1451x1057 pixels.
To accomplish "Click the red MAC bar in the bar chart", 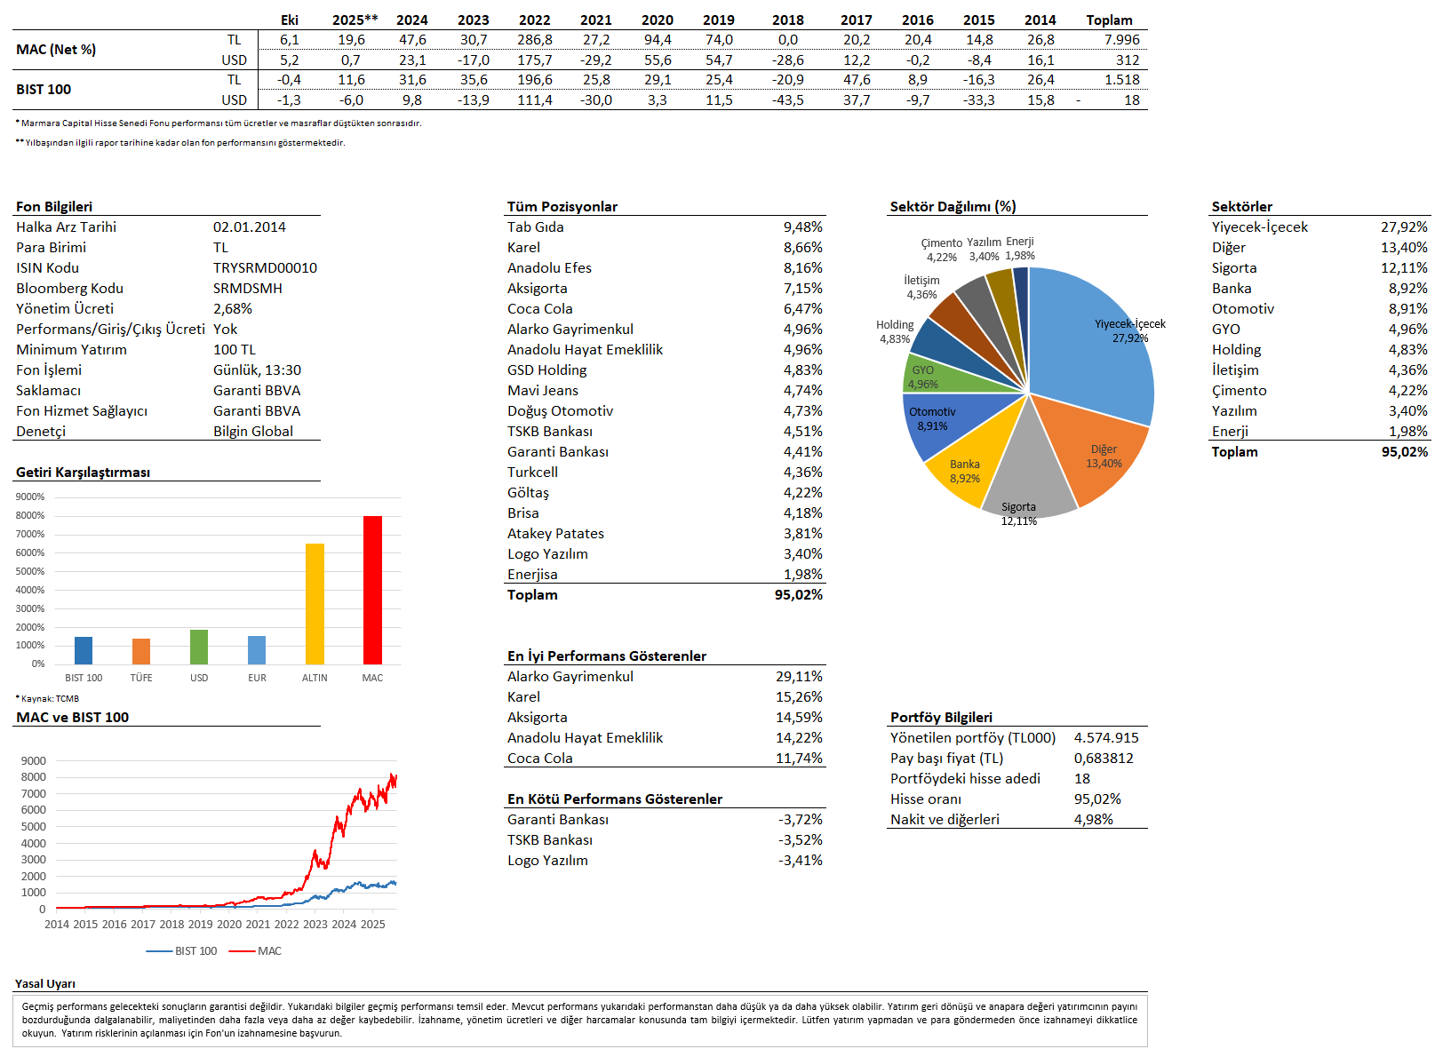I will point(372,590).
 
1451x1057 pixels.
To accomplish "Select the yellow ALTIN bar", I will point(315,604).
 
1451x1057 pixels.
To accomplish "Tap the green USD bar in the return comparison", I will point(199,647).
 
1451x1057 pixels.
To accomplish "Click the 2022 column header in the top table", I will point(534,20).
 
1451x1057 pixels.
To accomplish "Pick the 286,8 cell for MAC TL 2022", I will point(534,40).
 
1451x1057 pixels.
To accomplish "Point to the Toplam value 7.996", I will point(1121,40).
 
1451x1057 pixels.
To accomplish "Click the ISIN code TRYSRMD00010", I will point(265,268).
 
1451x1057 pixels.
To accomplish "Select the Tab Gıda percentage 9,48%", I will point(802,227).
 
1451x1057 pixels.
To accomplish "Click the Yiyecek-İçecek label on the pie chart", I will point(1129,324).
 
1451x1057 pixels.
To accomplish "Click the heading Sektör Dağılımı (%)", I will point(953,206).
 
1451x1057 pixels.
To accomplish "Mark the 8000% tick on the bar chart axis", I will point(30,515).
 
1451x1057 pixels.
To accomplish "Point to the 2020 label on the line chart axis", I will point(229,924).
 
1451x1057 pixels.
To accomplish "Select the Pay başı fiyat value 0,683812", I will point(1104,759).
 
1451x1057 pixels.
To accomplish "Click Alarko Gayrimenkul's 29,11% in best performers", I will point(799,677).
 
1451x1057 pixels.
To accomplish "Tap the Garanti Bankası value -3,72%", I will point(800,820).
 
